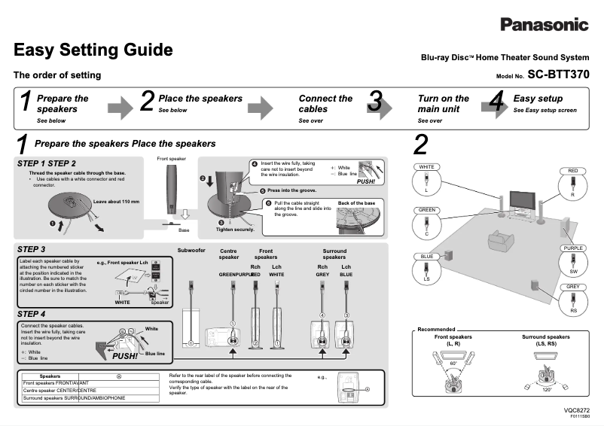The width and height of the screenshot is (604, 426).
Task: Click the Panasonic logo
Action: (x=544, y=24)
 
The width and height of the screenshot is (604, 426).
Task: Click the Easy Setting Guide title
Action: (x=93, y=50)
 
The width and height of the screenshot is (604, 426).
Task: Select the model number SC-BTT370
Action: (x=558, y=75)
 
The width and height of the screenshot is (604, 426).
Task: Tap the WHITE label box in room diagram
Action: (x=426, y=167)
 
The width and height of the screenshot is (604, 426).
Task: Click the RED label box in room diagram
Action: (x=572, y=171)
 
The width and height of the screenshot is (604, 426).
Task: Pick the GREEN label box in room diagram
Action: (x=427, y=210)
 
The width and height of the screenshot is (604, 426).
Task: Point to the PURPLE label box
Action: (x=573, y=248)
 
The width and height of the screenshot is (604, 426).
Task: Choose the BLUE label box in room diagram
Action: (x=426, y=257)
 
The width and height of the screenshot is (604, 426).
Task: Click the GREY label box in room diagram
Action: (x=573, y=287)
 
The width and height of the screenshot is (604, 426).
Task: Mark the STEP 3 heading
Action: (x=32, y=249)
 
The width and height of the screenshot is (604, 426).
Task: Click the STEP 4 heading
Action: (x=32, y=314)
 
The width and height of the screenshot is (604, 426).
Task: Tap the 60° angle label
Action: (x=454, y=363)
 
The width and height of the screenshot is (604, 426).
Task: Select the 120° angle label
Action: (x=546, y=390)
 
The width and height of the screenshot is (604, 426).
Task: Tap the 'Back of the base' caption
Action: (x=356, y=203)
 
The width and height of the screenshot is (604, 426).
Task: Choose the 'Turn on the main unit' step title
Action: (x=443, y=104)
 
